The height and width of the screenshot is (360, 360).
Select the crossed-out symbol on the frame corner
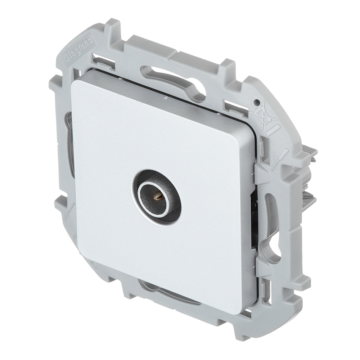pos(262,115)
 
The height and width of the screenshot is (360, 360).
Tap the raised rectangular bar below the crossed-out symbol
pos(273,130)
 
